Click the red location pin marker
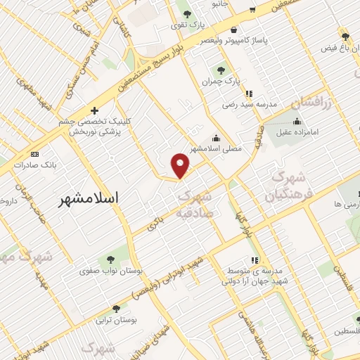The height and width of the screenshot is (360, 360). pos(181,165)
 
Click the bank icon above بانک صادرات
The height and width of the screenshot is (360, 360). pos(34,154)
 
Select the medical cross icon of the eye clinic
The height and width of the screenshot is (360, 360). pos(94,110)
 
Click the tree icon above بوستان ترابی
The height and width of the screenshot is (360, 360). pos(116,308)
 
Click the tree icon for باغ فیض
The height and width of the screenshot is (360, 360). pos(345,36)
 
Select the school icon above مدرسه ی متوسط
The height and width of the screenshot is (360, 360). pos(254,260)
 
